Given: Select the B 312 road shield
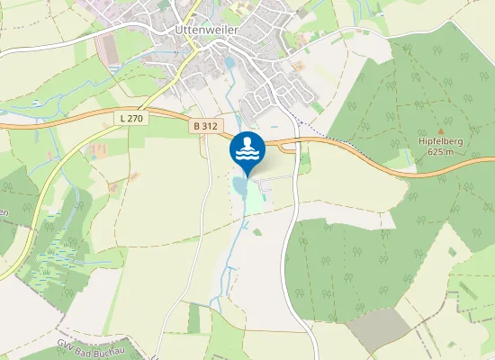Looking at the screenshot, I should point(203,128).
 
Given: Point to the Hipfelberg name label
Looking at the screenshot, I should point(441,140).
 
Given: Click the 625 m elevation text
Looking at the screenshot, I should point(441,151).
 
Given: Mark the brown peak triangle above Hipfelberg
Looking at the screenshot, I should point(441,130).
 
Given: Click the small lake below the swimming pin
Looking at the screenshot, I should point(239,185).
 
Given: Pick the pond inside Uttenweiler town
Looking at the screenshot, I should point(229,63).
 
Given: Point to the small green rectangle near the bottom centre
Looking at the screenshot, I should point(194,317).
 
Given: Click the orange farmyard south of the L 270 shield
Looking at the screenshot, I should point(96,149).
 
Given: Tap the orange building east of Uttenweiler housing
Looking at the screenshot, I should point(299,66).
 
